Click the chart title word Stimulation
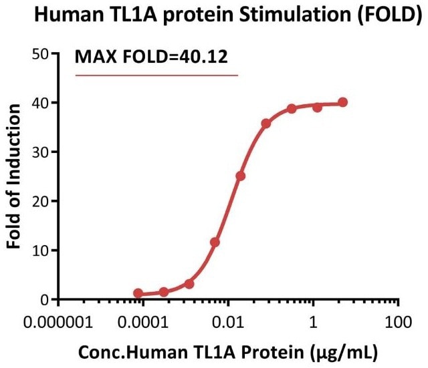point(292,15)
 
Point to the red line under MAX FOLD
point(156,75)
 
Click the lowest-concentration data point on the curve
point(138,293)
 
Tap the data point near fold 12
point(215,242)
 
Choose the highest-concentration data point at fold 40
point(343,102)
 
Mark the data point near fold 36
point(266,124)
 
